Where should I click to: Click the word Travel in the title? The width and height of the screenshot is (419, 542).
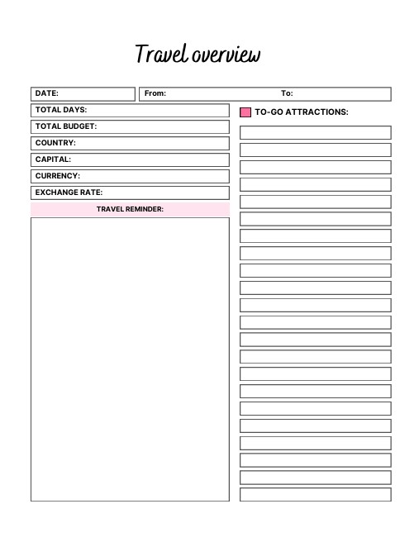click(x=162, y=55)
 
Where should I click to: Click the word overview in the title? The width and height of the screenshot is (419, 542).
click(x=226, y=55)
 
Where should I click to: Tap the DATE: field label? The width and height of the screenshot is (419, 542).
click(x=46, y=93)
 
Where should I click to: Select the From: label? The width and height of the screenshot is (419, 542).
click(x=155, y=93)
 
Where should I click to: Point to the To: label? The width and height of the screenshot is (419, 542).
click(x=287, y=93)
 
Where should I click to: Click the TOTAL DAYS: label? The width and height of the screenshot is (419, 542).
click(x=61, y=110)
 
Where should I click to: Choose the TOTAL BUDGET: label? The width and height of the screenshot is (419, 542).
click(x=66, y=126)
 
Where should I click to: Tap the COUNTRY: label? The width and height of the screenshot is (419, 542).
click(x=55, y=143)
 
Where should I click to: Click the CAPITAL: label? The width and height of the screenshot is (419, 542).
click(x=53, y=159)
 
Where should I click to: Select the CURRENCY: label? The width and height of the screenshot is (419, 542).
click(x=58, y=176)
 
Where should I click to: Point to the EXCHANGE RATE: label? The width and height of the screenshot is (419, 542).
click(x=69, y=193)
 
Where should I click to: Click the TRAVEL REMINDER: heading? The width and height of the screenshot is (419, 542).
click(x=130, y=209)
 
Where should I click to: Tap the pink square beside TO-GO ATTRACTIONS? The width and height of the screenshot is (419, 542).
click(x=245, y=112)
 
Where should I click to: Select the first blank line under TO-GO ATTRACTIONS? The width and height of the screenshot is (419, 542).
click(x=315, y=132)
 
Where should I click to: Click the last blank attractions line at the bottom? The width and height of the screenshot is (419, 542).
click(x=315, y=494)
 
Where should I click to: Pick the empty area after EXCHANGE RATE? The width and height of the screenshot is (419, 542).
click(x=165, y=193)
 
